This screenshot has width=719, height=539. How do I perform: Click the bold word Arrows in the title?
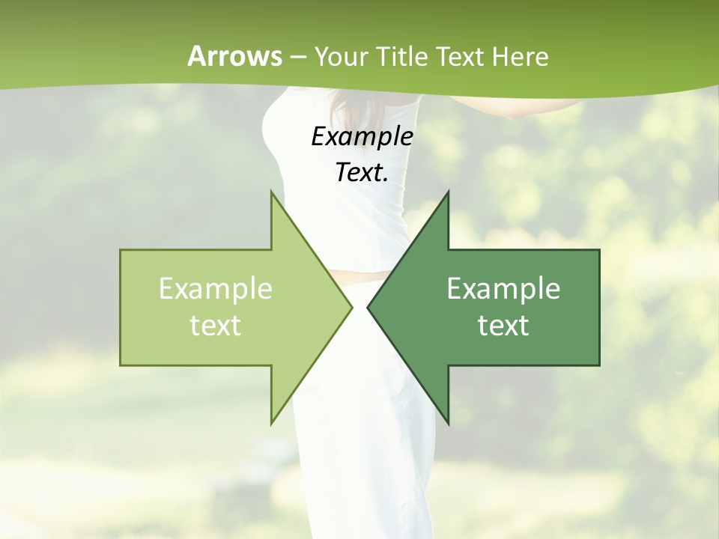235,56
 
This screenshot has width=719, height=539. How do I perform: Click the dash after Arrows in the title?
298,57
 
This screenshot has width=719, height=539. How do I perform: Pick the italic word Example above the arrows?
362,136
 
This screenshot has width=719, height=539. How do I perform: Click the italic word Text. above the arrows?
362,172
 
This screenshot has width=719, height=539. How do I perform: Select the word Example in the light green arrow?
216,289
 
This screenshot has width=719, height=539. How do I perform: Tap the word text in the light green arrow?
216,326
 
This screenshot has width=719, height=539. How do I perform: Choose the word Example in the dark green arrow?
503,289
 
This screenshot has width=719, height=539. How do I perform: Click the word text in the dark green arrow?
503,326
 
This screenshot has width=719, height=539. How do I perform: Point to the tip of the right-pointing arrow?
352,307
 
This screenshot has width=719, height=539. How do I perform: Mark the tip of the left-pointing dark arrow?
368,307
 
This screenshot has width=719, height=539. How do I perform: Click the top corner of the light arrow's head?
272,192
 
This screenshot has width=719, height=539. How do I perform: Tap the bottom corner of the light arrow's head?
272,423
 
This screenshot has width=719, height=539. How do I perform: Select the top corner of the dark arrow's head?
448,192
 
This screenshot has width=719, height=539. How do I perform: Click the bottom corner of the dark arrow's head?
448,423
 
